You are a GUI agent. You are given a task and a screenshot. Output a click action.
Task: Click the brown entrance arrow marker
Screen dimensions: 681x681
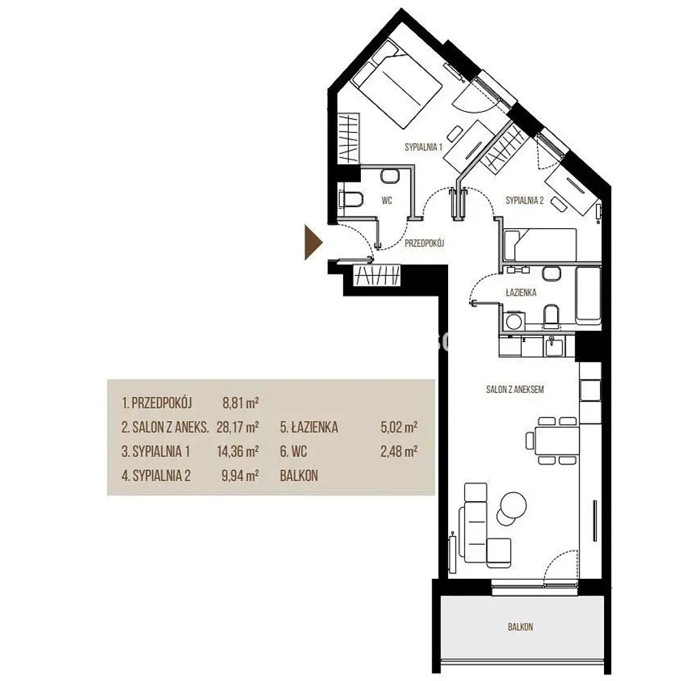[x=313, y=242]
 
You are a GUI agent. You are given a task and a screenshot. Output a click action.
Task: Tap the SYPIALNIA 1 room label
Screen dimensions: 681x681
[x=424, y=147]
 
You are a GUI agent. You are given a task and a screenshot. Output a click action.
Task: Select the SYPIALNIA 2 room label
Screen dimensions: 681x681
[x=524, y=200]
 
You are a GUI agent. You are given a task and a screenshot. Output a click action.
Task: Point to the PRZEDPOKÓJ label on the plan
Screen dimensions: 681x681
[x=424, y=243]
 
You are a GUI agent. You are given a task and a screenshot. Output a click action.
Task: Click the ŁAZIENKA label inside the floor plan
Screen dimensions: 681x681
[x=521, y=292]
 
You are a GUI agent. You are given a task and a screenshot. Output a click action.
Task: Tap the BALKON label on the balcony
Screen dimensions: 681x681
[x=520, y=627]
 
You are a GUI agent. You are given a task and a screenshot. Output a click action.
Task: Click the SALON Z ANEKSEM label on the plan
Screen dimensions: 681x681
[x=515, y=390]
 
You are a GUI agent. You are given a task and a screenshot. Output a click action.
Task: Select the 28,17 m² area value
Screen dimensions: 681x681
[x=238, y=428]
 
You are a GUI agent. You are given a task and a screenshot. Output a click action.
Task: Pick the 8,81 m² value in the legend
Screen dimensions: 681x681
[x=240, y=403]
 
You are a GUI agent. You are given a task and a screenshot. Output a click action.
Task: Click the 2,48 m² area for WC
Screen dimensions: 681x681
[x=398, y=452]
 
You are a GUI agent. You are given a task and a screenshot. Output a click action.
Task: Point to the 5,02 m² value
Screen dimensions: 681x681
[x=398, y=428]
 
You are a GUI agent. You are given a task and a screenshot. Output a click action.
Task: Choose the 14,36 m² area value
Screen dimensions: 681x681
[x=238, y=452]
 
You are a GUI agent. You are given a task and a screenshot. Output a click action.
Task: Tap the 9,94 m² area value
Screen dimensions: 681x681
[x=240, y=476]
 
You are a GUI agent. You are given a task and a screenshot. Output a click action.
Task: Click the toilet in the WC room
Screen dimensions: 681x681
[x=351, y=199]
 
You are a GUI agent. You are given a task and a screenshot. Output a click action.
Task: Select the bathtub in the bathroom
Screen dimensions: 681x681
[x=588, y=294]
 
